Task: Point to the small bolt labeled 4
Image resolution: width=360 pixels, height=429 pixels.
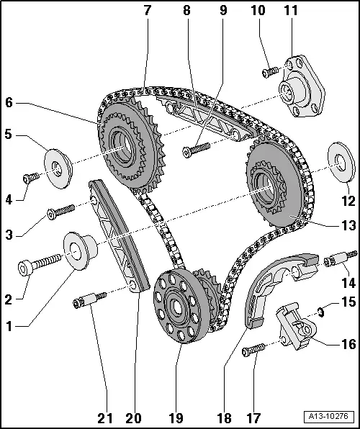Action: [x=31, y=177]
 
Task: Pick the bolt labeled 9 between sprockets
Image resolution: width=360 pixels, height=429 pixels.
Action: [x=195, y=149]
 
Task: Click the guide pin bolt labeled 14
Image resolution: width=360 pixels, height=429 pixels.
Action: [x=339, y=257]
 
